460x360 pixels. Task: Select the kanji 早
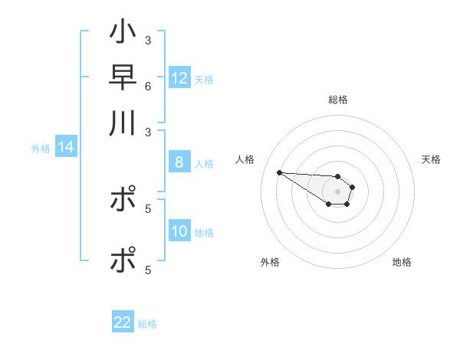(x=123, y=77)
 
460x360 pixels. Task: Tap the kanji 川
(x=123, y=123)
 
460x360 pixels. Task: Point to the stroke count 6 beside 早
(x=147, y=86)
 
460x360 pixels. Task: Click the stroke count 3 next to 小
(x=147, y=40)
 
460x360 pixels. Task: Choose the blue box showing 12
(x=179, y=78)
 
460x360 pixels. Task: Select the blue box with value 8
(x=179, y=162)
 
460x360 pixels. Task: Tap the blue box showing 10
(x=179, y=231)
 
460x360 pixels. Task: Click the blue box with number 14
(x=66, y=147)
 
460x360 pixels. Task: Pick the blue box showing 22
(x=123, y=322)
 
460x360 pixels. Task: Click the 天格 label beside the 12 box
(x=204, y=79)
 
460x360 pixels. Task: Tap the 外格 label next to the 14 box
(x=41, y=148)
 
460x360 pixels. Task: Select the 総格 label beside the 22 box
(x=147, y=323)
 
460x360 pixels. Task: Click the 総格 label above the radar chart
(x=337, y=100)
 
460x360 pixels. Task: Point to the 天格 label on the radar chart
(x=431, y=159)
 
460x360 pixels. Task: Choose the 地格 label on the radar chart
(x=402, y=262)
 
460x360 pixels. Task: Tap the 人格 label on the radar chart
(x=245, y=159)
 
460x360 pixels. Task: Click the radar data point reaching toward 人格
(x=279, y=172)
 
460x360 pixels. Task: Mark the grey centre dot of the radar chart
(x=337, y=191)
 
